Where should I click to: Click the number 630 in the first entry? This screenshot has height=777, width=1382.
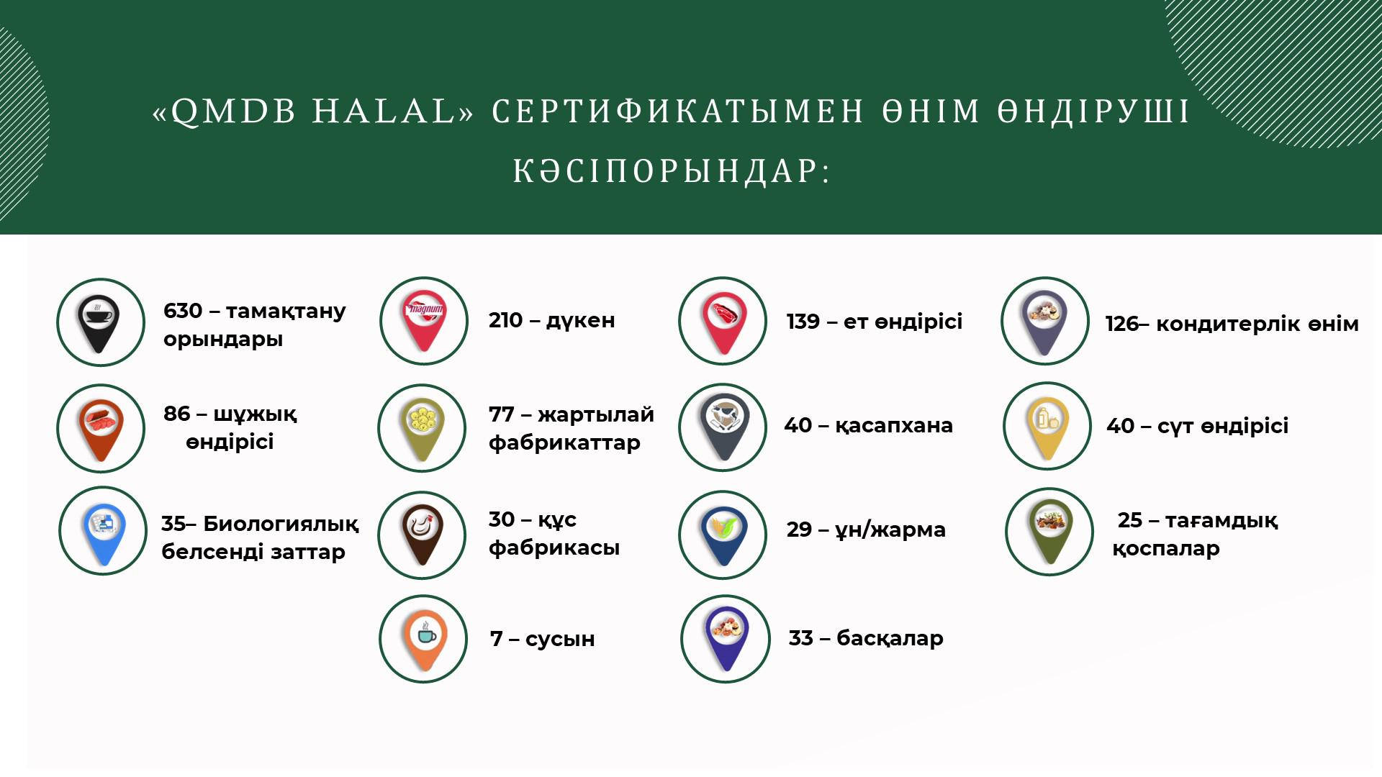point(183,311)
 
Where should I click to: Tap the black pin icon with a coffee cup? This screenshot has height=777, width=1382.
point(99,322)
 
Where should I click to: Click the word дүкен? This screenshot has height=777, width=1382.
point(580,320)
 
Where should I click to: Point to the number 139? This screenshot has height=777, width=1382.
point(803,322)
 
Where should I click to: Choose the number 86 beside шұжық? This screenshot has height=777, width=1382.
point(177,414)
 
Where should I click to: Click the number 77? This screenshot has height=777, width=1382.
point(501,414)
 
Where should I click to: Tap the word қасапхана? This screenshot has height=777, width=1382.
point(894,426)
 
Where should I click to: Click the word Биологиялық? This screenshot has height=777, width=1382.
point(281,524)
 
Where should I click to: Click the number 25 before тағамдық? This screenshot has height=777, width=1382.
point(1129,520)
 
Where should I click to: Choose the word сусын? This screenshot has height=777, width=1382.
point(560,639)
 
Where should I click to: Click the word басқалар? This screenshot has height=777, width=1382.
point(890,638)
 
